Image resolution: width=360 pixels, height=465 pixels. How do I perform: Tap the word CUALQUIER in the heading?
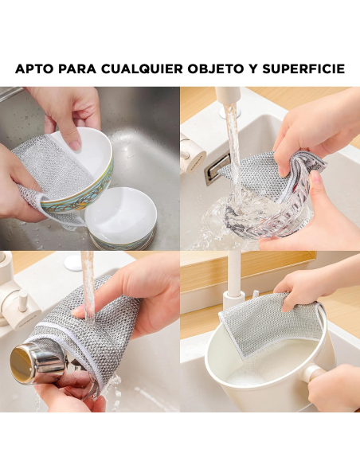pyautogui.click(x=142, y=69)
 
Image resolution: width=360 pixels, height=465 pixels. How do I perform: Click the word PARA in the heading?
pyautogui.click(x=79, y=69)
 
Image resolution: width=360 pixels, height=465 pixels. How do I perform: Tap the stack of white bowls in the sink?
pyautogui.click(x=120, y=219)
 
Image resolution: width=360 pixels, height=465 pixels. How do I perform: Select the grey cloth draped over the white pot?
pyautogui.click(x=271, y=322)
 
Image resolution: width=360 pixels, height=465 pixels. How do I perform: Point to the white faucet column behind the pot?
pyautogui.click(x=233, y=287)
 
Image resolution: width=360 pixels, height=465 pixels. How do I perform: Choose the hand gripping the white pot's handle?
pyautogui.click(x=335, y=386)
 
